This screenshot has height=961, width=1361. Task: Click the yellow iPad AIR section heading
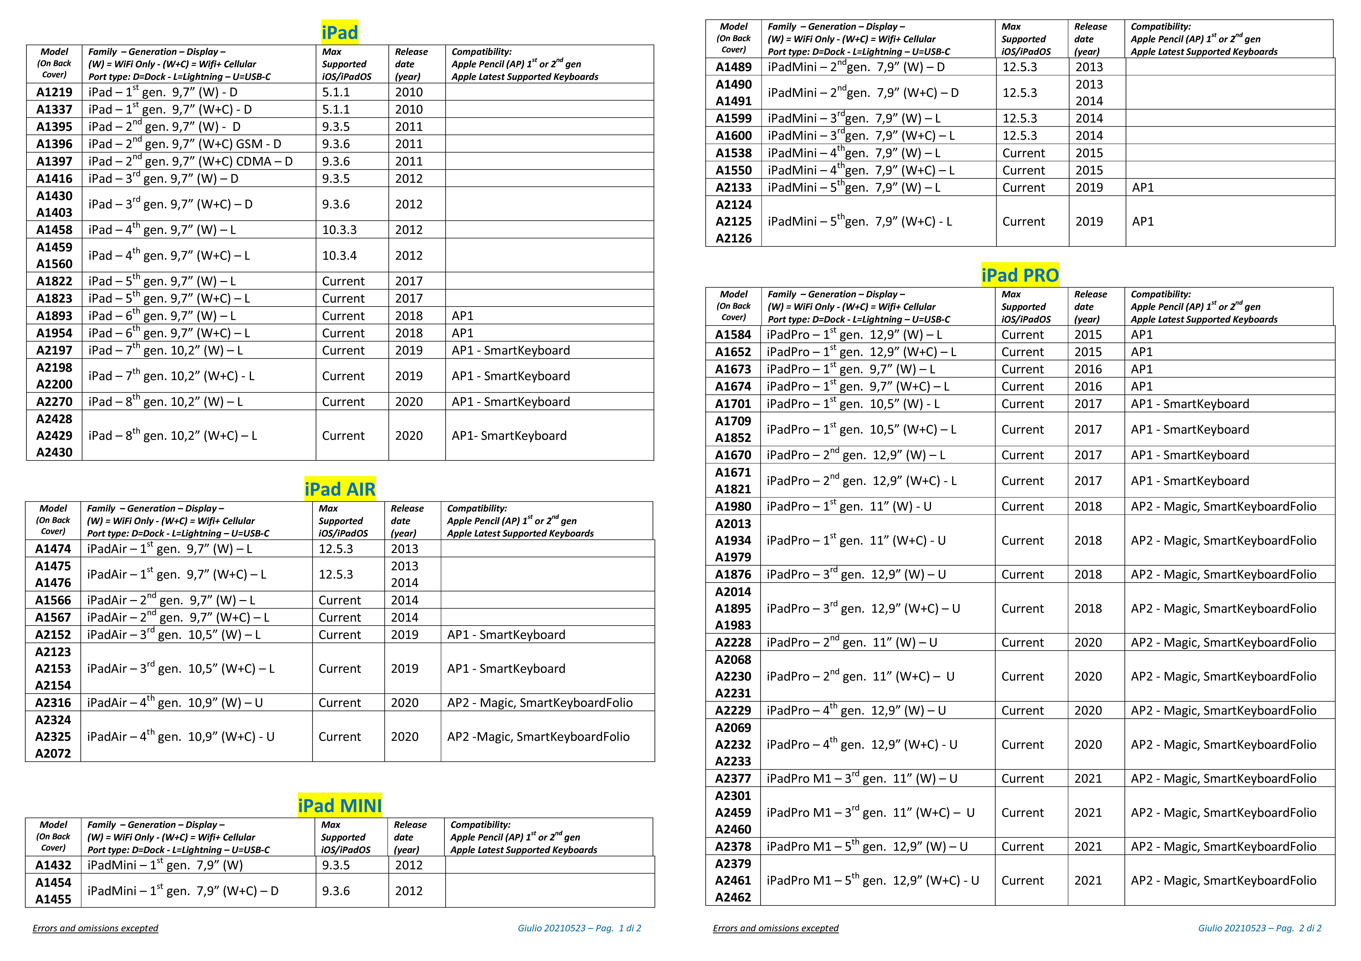(340, 489)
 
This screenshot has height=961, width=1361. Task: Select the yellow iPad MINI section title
(340, 806)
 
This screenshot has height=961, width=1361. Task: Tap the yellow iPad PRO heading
(1020, 275)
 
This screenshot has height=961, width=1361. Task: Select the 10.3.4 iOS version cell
(340, 255)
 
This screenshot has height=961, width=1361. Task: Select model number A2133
(733, 187)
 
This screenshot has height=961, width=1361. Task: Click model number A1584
(733, 334)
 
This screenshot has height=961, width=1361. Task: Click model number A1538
(733, 153)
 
